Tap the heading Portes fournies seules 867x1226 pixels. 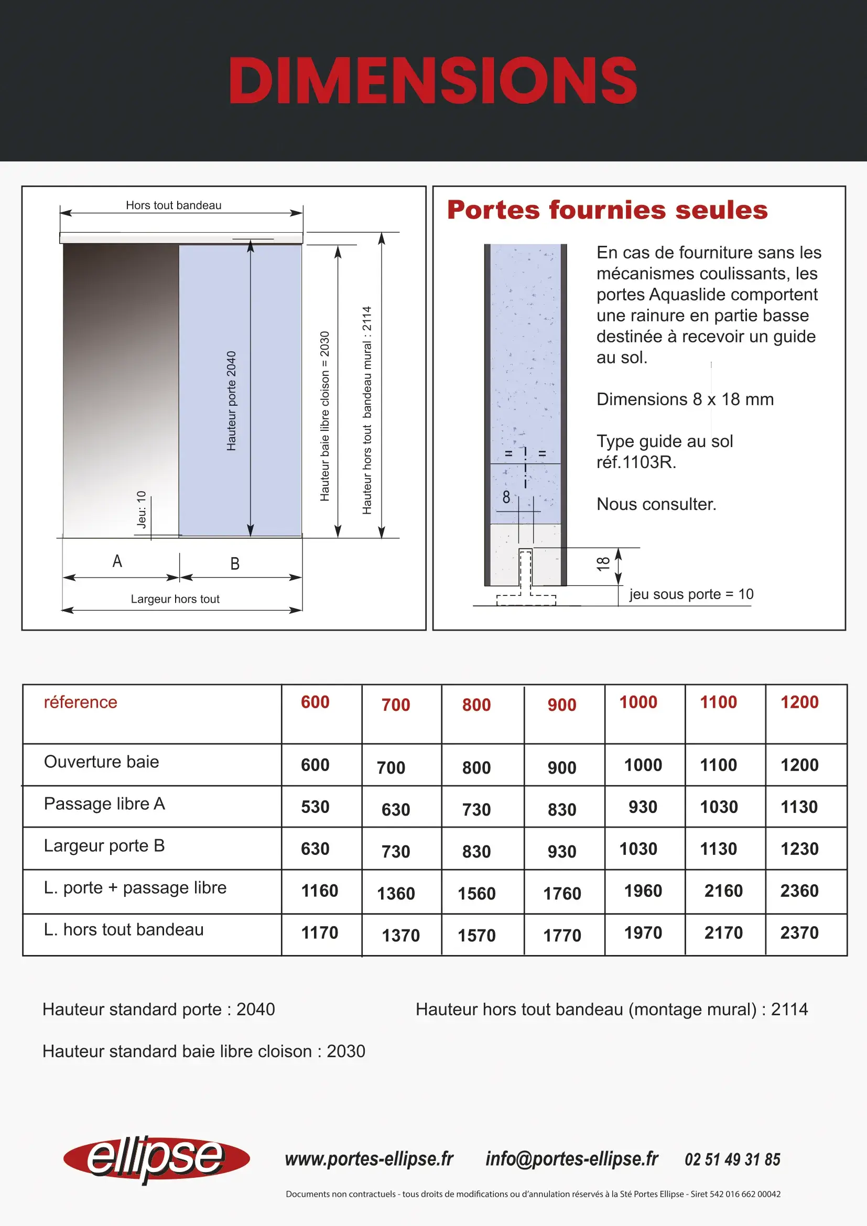click(x=607, y=210)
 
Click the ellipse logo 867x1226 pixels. click(x=156, y=1159)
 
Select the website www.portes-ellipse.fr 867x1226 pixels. click(x=369, y=1159)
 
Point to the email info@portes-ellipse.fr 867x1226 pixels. click(x=572, y=1159)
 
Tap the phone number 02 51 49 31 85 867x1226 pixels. click(x=732, y=1160)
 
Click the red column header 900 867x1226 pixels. click(x=561, y=705)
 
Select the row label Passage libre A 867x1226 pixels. click(x=105, y=804)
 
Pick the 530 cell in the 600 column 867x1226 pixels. click(x=315, y=807)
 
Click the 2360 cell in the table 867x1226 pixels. click(x=799, y=891)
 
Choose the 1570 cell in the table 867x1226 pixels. click(x=476, y=936)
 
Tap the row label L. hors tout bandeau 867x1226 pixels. click(x=124, y=930)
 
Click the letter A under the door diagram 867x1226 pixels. click(x=117, y=561)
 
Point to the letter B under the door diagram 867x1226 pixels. click(x=235, y=564)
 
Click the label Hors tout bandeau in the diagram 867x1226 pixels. click(x=174, y=205)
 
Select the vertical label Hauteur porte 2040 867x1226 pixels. click(x=231, y=400)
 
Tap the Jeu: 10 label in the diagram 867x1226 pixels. click(x=142, y=509)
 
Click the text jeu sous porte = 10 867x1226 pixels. click(x=691, y=594)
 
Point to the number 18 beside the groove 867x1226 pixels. click(x=603, y=564)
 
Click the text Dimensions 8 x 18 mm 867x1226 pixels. click(x=685, y=399)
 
